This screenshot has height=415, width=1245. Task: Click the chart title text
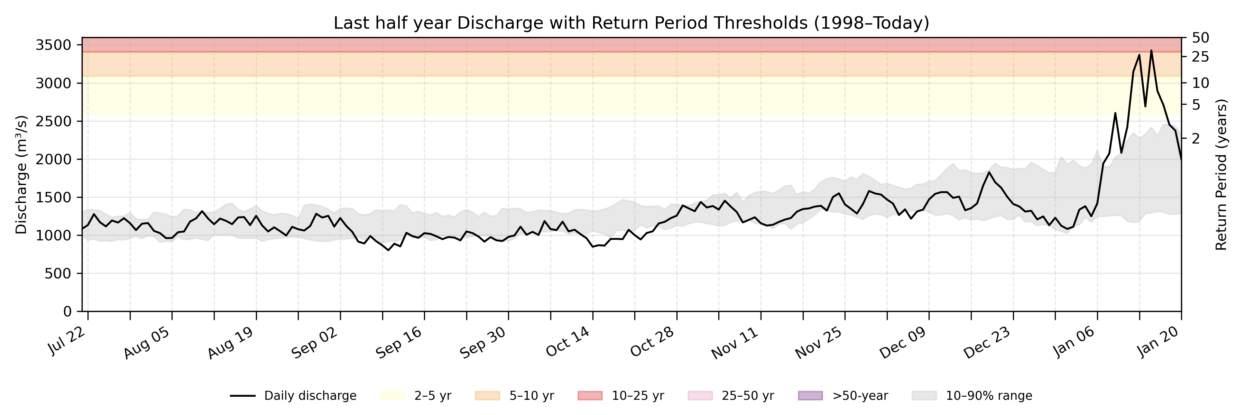[x=631, y=23]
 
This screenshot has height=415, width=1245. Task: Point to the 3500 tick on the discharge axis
[x=53, y=45]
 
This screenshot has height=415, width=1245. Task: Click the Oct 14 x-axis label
[x=568, y=342]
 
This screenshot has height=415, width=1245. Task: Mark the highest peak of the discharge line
[x=1151, y=50]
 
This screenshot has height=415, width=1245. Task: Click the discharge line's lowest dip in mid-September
[x=388, y=250]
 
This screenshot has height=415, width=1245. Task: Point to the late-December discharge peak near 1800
[x=989, y=172]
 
